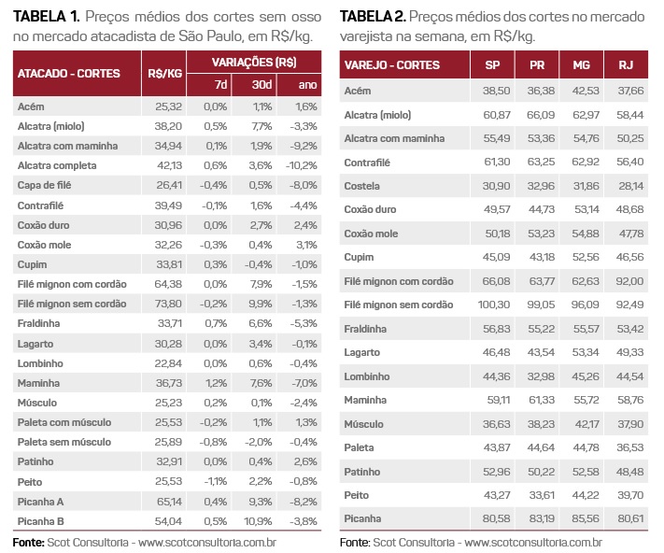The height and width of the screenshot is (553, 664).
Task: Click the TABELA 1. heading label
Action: click(x=46, y=17)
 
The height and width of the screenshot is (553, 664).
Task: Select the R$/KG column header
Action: click(x=164, y=73)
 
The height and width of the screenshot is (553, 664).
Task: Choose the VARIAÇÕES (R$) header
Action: click(x=253, y=61)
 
